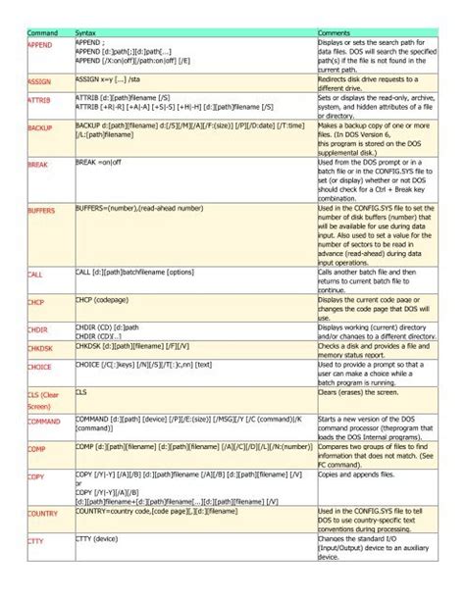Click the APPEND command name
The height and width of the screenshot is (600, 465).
coord(41,45)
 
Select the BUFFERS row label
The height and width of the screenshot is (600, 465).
coord(42,211)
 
